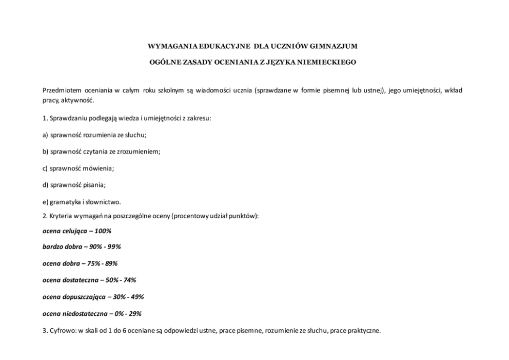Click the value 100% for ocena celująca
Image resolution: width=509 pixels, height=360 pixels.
[103, 231]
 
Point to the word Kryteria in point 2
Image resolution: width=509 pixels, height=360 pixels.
[61, 216]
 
